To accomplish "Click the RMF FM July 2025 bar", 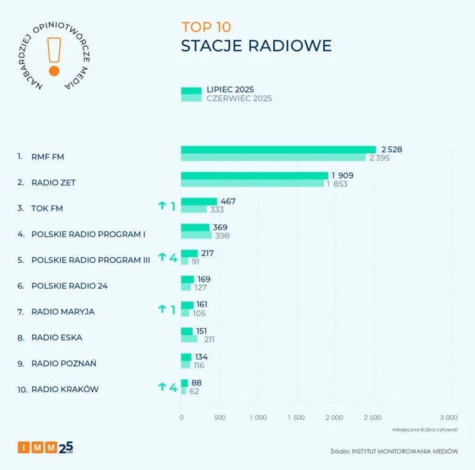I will coord(278,149).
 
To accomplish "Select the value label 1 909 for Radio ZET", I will coord(342,176).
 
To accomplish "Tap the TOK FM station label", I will coord(47,209).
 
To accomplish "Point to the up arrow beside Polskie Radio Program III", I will coord(162,256).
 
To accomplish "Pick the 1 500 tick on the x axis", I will coord(296,418).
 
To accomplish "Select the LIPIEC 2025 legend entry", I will coord(230,90).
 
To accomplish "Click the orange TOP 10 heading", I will coord(206,27).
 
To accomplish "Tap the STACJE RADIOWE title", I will coord(256,46).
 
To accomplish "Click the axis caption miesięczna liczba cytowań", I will coord(425,430).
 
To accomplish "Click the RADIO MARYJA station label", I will coord(63,312).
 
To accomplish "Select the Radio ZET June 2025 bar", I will coord(252,184).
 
